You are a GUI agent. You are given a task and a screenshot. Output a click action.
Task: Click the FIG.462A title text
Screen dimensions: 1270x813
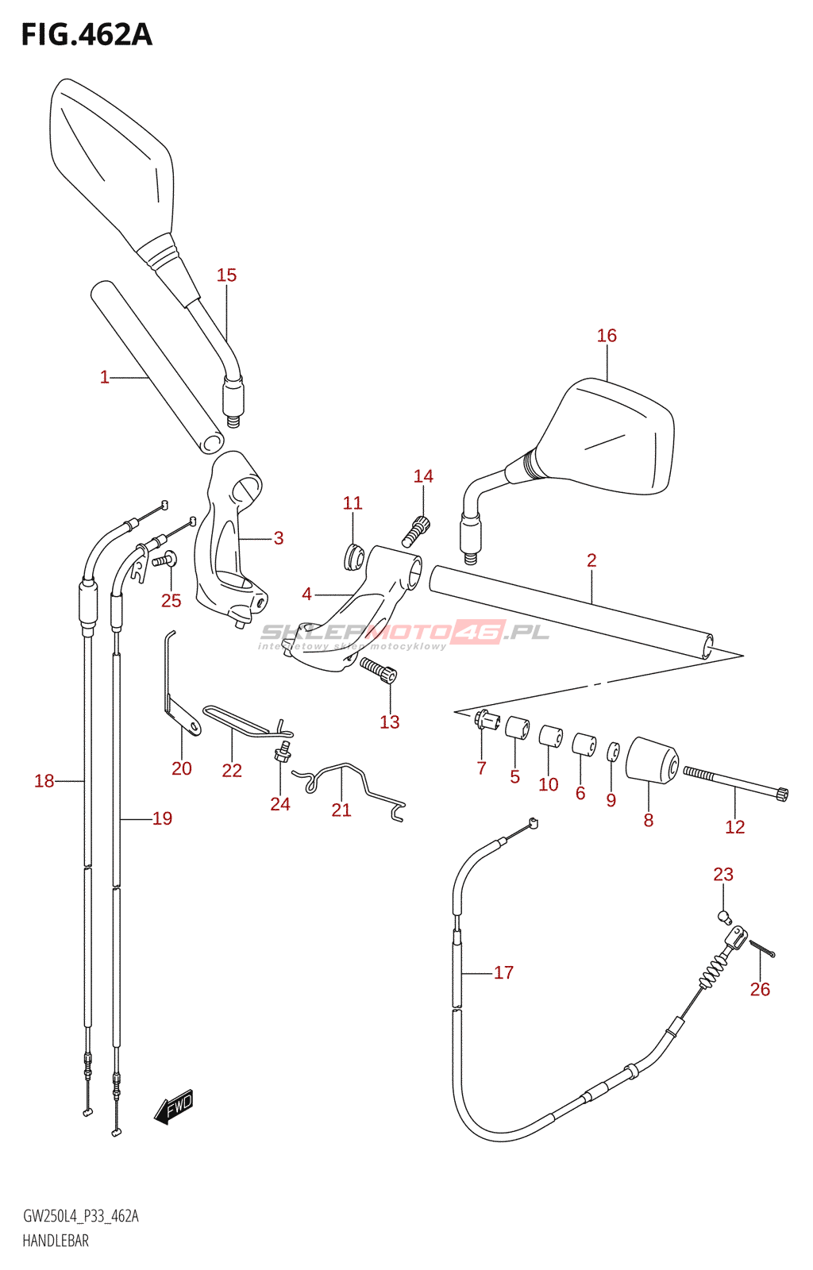(x=87, y=36)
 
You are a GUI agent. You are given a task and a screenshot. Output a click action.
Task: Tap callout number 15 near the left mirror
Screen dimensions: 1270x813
(x=226, y=275)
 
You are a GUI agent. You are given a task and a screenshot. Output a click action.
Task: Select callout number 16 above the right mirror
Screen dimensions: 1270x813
(x=607, y=336)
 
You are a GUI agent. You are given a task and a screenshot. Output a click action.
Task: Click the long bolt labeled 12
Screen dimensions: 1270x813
(x=735, y=781)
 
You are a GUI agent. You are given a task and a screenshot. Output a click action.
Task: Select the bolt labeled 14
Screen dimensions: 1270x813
(x=416, y=530)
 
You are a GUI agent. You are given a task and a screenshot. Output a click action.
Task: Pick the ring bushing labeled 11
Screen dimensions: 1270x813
(x=353, y=556)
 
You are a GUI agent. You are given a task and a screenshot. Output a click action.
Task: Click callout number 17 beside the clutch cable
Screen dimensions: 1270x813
(x=503, y=972)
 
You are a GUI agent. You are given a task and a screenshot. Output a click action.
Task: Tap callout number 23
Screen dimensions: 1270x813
(x=722, y=875)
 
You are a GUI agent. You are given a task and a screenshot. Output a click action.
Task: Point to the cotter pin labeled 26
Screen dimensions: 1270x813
(x=762, y=950)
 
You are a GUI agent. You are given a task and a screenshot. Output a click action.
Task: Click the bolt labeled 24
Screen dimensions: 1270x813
(x=283, y=752)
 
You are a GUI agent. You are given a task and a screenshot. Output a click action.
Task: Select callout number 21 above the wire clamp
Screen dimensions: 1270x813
(x=341, y=810)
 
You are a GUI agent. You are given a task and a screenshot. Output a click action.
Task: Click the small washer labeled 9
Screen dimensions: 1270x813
(x=613, y=752)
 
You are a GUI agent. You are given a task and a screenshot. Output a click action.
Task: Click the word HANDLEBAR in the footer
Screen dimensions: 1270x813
(x=56, y=1241)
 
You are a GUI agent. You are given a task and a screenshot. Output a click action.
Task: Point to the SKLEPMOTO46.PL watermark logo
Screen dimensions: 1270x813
(x=405, y=633)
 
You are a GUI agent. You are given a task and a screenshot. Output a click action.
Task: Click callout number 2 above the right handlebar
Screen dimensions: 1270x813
(x=591, y=560)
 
